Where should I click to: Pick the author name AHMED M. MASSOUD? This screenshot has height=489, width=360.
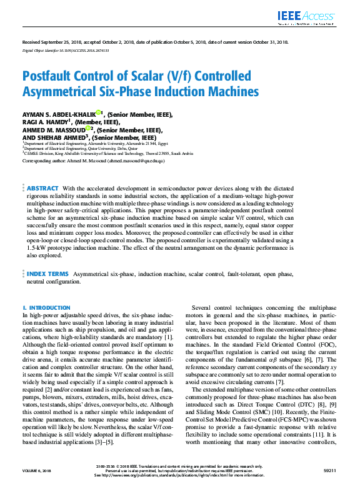54,130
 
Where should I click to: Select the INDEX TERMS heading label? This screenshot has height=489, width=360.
47,274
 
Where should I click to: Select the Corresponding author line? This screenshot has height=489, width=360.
94,161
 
